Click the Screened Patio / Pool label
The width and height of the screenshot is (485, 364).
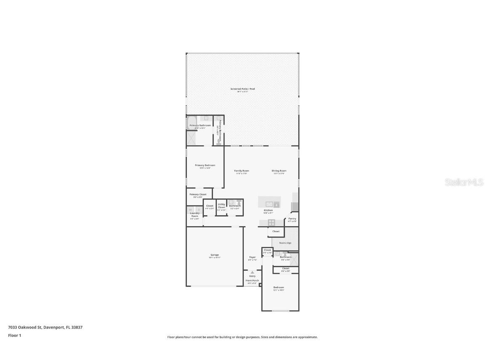[242, 89]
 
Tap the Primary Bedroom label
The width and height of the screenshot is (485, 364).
[205, 165]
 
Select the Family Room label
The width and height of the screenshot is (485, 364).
[242, 171]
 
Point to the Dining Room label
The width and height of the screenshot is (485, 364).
[279, 171]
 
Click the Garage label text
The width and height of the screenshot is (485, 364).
[215, 255]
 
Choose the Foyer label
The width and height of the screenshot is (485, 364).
[252, 257]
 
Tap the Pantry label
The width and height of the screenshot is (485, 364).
[292, 219]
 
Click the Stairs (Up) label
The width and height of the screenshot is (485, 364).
[285, 243]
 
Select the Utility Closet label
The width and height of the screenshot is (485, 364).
[221, 206]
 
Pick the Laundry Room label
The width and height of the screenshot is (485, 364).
[195, 215]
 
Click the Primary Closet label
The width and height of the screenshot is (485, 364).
[198, 194]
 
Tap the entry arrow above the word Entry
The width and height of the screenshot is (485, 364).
[252, 272]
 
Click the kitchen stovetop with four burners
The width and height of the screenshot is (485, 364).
[272, 222]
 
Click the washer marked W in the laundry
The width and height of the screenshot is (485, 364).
[190, 209]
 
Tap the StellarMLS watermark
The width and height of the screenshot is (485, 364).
[462, 182]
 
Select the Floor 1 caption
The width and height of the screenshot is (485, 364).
[14, 335]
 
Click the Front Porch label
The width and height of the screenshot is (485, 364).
[252, 281]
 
